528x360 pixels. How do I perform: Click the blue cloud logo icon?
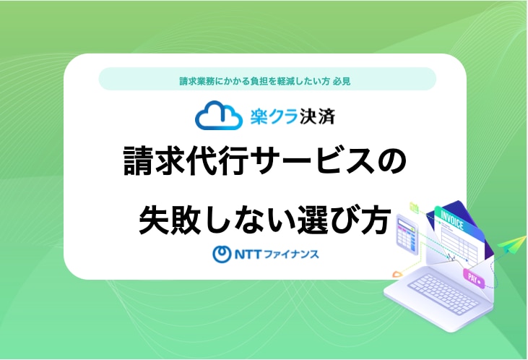tap(219, 116)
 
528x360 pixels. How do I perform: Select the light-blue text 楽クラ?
tap(274, 116)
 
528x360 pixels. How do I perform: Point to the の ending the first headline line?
tap(391, 161)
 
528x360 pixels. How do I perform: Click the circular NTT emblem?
tap(222, 254)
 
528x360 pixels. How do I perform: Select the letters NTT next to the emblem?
tap(248, 254)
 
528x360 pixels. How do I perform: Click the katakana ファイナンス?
tap(291, 254)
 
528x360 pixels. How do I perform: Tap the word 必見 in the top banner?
tap(342, 81)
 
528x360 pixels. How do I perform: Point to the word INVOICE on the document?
tap(452, 220)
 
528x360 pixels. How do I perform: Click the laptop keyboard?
tap(443, 294)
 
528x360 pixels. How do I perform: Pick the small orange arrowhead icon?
tap(397, 274)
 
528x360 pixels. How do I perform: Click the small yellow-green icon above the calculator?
tap(414, 207)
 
